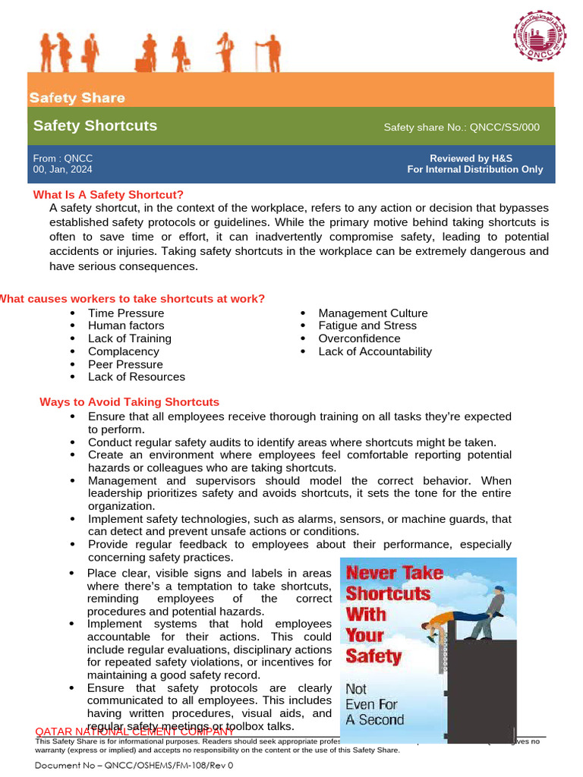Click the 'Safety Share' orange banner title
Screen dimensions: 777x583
77,98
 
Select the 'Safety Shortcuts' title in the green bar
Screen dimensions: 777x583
95,126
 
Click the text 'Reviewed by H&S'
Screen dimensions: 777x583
471,159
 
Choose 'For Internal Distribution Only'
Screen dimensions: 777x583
474,169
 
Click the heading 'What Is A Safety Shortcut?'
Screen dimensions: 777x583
108,195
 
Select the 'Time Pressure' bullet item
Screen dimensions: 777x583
125,313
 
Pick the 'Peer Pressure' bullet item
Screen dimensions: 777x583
125,364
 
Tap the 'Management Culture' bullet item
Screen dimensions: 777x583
373,313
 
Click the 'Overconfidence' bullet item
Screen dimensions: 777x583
359,338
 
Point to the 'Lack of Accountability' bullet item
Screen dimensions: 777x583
374,351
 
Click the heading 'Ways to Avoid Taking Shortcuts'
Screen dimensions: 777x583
129,402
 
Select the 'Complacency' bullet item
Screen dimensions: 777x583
123,351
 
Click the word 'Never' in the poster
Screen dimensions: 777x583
370,573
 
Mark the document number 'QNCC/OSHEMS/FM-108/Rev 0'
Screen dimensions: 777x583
134,766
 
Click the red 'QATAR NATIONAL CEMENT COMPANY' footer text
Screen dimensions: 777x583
134,731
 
